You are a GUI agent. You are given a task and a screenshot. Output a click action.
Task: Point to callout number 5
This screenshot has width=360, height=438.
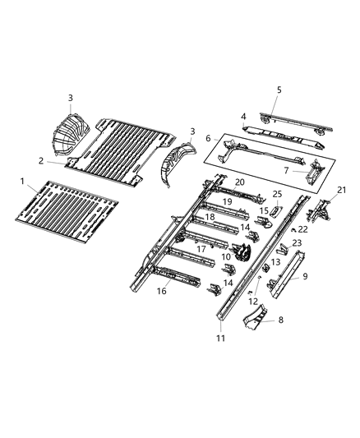coord(279,90)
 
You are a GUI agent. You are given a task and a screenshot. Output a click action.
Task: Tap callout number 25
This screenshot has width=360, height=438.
coord(277,194)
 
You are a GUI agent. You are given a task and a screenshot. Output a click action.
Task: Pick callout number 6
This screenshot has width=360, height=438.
coord(209,138)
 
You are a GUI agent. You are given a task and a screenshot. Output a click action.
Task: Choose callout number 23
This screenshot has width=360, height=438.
coord(297,242)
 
